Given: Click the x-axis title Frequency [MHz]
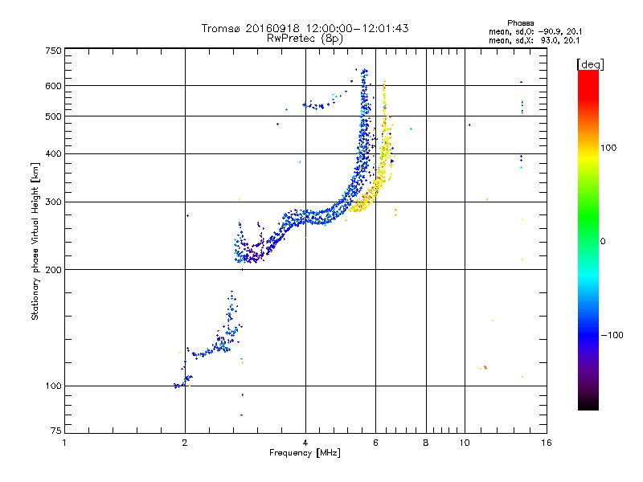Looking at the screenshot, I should tap(305, 454).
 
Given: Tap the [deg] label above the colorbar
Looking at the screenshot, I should tap(589, 63).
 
